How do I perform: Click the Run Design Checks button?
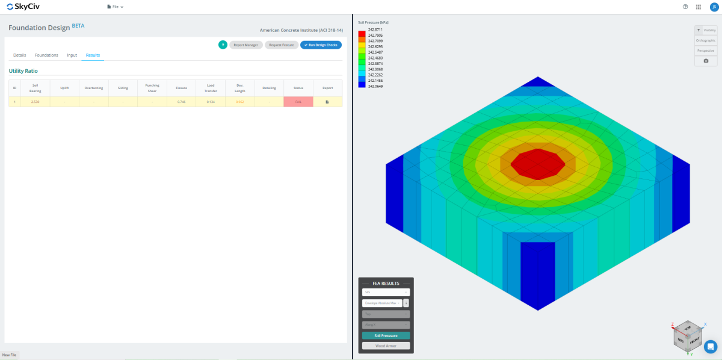point(321,45)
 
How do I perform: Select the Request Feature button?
point(282,45)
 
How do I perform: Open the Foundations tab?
point(46,55)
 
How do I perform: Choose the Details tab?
point(19,55)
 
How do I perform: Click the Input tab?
point(72,55)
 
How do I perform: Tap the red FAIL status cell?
point(298,102)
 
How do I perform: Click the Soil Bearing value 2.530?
point(35,102)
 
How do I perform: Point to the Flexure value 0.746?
point(181,102)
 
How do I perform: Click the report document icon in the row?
point(327,102)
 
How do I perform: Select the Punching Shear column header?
point(152,88)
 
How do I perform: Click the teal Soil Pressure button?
point(386,335)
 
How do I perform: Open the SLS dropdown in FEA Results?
point(386,292)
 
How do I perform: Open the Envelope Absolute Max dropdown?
point(381,303)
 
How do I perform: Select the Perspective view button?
point(705,51)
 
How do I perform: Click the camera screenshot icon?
point(706,61)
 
